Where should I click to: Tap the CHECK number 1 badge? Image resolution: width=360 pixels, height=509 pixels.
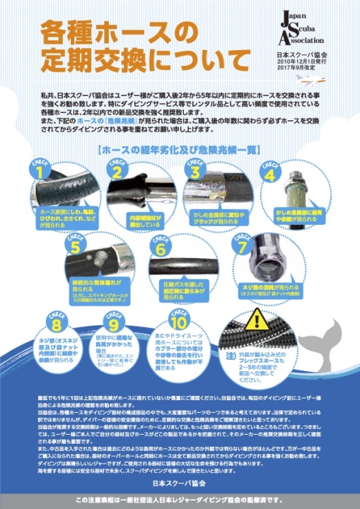(x=40, y=169)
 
